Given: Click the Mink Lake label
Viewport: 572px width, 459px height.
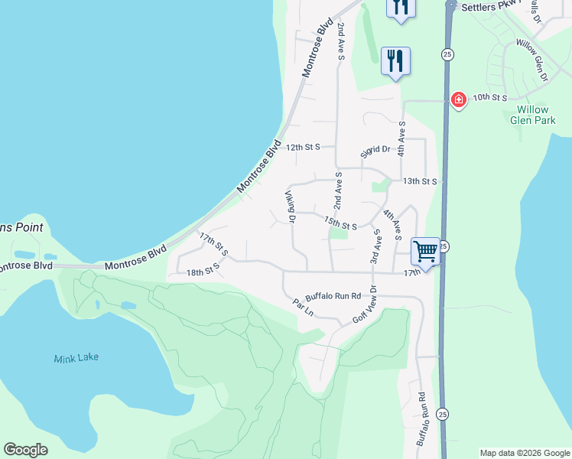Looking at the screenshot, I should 76,357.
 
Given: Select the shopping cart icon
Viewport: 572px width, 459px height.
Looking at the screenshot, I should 425,250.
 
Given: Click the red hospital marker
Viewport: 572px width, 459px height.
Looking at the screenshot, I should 458,99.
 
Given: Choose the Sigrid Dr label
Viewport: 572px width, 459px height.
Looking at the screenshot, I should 375,150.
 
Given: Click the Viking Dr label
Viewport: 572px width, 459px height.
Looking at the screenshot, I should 291,207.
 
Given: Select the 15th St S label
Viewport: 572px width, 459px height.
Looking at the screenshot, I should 340,223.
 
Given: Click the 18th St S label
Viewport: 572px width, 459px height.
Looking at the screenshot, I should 203,269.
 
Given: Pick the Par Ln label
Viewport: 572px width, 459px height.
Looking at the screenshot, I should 304,307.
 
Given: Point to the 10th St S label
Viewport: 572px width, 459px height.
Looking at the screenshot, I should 490,98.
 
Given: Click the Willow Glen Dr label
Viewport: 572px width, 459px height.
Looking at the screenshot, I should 532,60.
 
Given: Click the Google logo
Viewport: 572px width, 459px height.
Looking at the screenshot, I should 25,450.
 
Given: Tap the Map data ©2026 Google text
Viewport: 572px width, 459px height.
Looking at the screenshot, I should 525,453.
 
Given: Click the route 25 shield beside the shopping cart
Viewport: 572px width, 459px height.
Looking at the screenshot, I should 444,246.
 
